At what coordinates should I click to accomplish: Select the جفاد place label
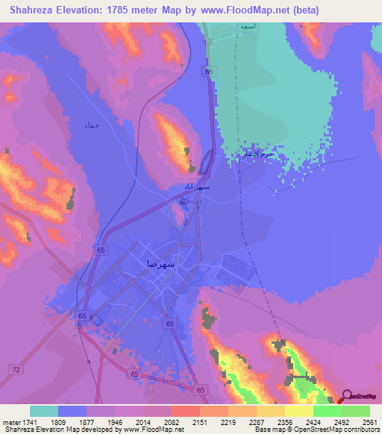(x=91, y=126)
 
